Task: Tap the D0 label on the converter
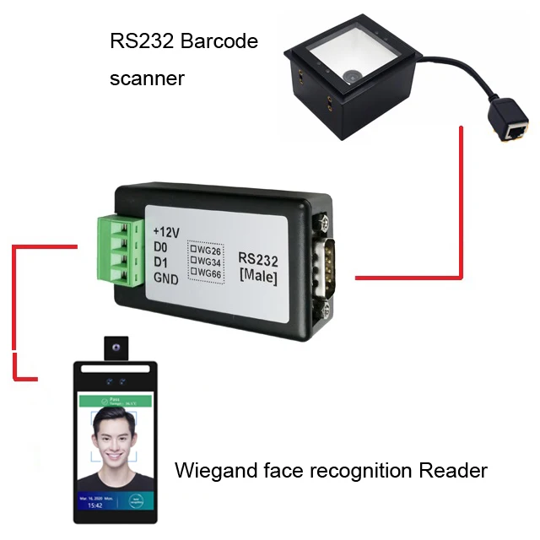(160, 247)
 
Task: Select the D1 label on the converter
(160, 263)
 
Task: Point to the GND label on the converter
(165, 280)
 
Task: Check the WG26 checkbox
(193, 250)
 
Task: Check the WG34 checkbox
(193, 261)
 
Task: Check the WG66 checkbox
(193, 273)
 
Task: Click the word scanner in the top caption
(147, 79)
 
